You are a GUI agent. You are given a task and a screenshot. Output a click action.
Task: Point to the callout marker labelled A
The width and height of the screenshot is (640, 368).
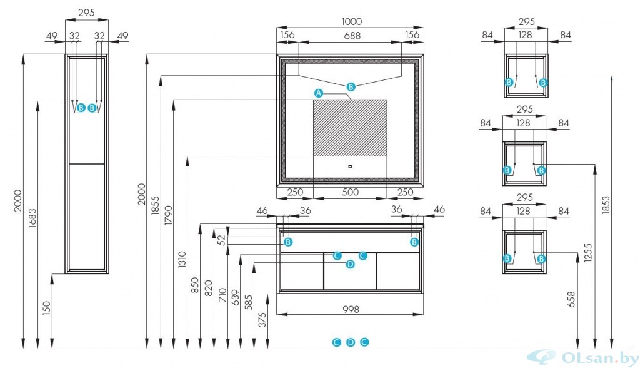318,93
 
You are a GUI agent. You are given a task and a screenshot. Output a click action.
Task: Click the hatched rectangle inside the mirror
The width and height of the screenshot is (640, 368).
350,128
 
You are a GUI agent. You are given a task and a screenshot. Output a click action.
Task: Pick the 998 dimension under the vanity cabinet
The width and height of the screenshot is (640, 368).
351,309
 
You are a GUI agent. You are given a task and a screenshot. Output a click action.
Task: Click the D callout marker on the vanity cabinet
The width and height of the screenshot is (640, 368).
350,264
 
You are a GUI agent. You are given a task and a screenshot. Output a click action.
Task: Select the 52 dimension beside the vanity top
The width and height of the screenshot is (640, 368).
221,239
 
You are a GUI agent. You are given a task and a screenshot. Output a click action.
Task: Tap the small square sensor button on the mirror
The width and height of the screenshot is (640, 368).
350,166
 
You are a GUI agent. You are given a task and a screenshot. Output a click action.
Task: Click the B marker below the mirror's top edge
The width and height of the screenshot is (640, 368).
351,86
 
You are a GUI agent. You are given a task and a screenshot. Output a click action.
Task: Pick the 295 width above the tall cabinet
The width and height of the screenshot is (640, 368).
86,13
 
